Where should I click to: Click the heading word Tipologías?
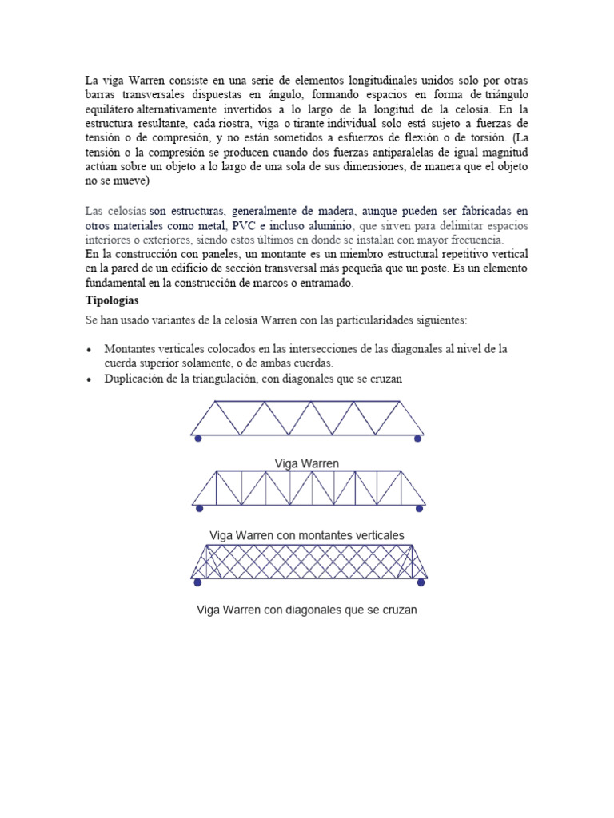tap(112, 301)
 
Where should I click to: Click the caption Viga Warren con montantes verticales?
tap(307, 534)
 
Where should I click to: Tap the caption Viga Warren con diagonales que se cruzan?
tap(307, 610)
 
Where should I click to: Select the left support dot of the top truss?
tap(198, 439)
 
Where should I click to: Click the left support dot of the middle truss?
tap(199, 508)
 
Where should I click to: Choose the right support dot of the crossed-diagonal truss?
tap(421, 582)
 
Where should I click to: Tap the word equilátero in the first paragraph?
tap(112, 109)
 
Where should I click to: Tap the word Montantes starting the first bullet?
tap(130, 350)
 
